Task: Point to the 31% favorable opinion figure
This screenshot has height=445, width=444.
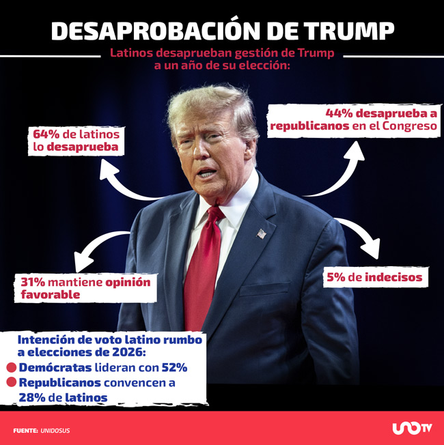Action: point(32,283)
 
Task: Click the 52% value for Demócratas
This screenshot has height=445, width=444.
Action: point(174,368)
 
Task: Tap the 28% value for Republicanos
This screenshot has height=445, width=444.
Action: point(33,397)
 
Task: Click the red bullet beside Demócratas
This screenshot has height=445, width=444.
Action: point(12,368)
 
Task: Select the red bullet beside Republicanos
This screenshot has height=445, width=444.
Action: point(12,383)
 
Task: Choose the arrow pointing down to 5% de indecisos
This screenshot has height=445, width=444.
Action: point(362,239)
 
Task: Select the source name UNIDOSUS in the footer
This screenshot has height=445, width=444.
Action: point(55,431)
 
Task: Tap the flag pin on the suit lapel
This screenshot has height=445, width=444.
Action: point(262,233)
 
